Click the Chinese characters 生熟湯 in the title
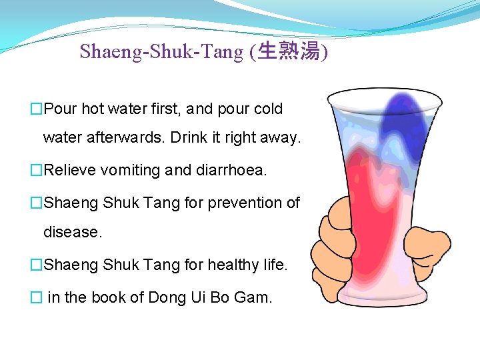tap(288, 51)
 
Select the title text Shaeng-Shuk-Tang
tap(161, 51)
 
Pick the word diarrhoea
tap(230, 170)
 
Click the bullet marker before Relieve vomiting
tap(36, 170)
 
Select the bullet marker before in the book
tap(36, 297)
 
